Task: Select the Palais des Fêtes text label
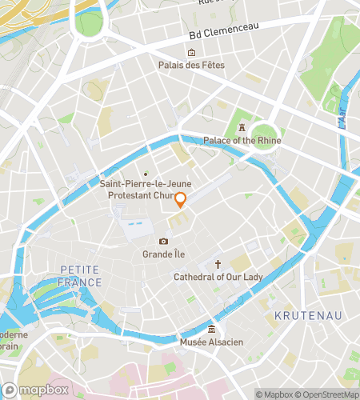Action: tap(191, 65)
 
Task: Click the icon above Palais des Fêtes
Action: tap(191, 53)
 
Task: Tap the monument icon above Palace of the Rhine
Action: tap(240, 129)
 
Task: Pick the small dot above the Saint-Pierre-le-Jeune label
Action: tap(146, 174)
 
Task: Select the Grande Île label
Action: tap(164, 254)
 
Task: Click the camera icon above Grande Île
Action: tap(164, 242)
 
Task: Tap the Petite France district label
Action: tap(81, 277)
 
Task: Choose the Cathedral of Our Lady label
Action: tap(218, 277)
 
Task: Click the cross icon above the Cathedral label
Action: tap(218, 264)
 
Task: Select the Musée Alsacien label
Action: tap(211, 342)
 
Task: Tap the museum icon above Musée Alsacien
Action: tap(211, 330)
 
